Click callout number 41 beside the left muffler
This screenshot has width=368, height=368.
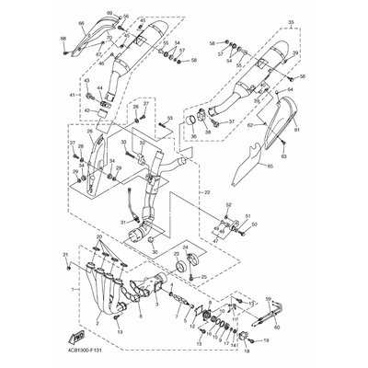(x=68, y=96)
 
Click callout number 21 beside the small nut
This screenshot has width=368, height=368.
(x=65, y=254)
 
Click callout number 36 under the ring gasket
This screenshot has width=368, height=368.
(x=192, y=137)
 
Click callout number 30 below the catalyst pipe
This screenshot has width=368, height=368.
(x=155, y=252)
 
